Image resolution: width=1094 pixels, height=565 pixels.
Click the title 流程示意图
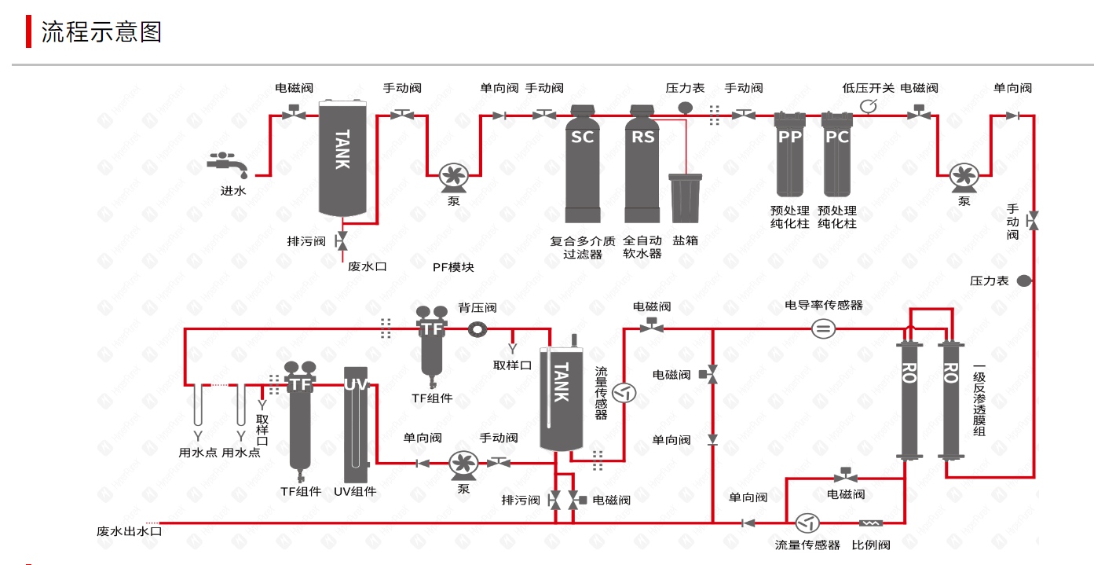101,32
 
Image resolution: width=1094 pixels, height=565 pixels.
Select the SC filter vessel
583,165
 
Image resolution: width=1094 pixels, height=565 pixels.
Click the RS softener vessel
642,165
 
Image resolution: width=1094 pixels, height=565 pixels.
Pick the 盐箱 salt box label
685,240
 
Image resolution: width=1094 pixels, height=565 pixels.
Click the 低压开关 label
868,88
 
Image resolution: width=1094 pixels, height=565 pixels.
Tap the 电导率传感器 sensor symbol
823,329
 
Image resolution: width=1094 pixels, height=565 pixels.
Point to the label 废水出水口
129,531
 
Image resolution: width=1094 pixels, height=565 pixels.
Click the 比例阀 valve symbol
872,523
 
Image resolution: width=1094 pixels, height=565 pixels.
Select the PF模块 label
453,267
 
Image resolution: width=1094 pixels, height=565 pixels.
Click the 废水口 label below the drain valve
368,267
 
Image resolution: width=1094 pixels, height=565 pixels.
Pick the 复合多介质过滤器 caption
583,247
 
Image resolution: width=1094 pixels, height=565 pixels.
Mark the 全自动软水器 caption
642,247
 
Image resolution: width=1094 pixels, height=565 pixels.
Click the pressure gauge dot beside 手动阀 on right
1024,281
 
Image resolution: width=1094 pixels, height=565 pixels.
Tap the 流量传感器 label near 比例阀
807,545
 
